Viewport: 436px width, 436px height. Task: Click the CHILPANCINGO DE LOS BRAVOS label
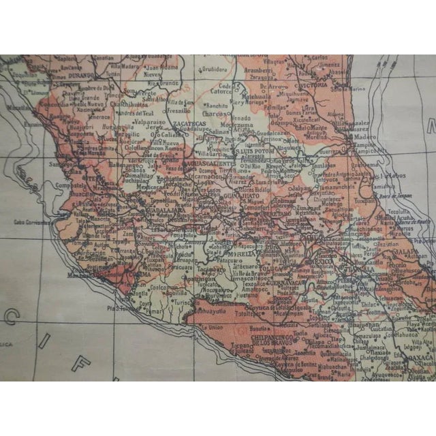coord(275,340)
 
